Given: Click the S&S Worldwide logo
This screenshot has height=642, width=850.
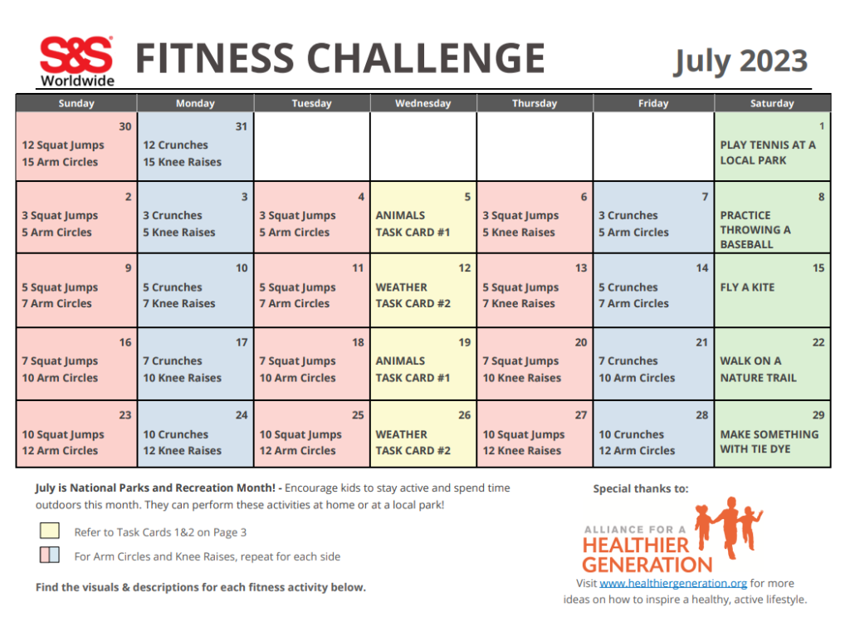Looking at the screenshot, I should tap(76, 61).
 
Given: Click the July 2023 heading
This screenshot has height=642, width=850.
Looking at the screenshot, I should tap(740, 61).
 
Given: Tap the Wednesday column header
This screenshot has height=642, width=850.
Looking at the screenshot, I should tap(423, 103).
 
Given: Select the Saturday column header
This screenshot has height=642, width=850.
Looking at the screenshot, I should tap(772, 103).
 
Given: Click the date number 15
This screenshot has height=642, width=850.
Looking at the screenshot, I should tap(818, 268).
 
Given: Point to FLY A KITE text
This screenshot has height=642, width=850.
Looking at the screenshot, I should tap(747, 287).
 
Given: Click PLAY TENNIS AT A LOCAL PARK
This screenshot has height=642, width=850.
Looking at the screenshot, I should tap(768, 152).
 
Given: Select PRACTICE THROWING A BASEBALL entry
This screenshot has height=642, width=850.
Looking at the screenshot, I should tap(755, 229).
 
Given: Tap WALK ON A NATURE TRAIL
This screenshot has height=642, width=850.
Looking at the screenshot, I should tap(758, 369).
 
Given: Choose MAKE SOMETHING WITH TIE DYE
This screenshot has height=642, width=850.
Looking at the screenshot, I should tap(769, 442).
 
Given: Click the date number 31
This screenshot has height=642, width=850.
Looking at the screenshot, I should tap(242, 127).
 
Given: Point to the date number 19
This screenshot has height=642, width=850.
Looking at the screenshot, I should tap(465, 342).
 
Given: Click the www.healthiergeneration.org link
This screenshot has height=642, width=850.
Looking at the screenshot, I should tap(673, 584).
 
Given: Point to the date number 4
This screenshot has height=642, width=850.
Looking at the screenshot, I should tap(361, 198).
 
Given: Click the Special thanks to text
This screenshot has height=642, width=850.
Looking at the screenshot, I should tap(640, 489).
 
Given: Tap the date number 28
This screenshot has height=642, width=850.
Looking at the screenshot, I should tap(702, 415).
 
